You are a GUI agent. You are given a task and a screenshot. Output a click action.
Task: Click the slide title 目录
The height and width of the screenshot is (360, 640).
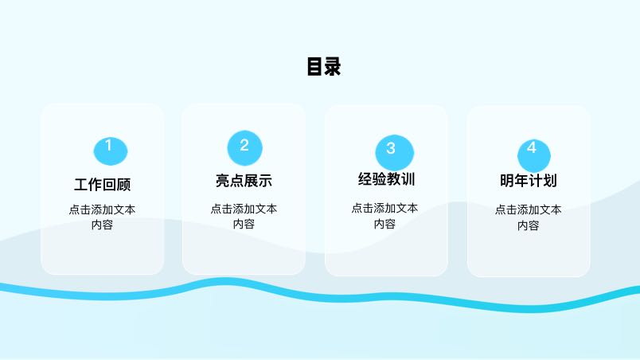324,67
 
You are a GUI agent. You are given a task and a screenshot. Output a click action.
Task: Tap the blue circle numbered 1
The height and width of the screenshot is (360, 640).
111,151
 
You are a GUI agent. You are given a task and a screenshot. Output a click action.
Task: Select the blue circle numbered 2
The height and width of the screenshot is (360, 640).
244,148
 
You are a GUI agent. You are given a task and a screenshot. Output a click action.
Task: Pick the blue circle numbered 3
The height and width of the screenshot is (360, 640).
394,153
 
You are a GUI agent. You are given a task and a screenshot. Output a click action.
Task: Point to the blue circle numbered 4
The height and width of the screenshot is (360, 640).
534,156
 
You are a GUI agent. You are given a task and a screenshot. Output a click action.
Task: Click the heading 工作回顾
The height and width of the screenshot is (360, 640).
103,185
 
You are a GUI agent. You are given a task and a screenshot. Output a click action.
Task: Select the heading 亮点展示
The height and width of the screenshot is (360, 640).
244,181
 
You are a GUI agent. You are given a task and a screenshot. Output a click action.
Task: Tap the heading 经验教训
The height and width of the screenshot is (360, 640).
386,179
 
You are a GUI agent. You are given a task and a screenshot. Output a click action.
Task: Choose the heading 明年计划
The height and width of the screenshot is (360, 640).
529,181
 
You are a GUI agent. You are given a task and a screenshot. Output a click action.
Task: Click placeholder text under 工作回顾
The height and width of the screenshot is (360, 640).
102,217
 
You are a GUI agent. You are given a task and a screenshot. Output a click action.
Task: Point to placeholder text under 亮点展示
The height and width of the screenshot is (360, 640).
244,217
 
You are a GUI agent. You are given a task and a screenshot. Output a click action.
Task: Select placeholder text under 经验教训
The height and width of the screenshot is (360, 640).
384,216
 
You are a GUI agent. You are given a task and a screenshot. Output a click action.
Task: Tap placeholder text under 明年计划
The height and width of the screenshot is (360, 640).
529,217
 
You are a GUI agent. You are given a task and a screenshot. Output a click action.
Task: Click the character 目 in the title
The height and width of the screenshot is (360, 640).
314,67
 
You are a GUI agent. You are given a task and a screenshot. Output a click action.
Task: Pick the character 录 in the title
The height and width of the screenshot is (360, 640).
333,67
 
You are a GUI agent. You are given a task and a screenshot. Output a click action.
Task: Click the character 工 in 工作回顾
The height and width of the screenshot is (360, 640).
81,185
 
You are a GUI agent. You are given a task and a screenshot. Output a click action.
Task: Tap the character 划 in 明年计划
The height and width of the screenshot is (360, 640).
550,181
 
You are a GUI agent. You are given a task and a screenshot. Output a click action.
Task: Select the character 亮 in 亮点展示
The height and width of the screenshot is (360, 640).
222,181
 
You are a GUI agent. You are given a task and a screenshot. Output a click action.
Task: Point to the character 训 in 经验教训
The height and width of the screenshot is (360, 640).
408,179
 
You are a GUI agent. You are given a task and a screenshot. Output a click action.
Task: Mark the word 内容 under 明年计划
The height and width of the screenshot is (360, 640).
529,225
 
